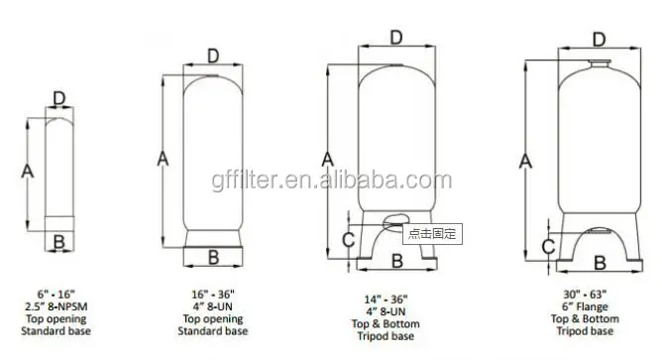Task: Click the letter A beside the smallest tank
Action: coord(28,171)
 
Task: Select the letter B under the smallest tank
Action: coord(58,242)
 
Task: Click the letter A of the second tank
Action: coord(165,156)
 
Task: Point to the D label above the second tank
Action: coord(212,56)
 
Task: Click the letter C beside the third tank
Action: coord(347,238)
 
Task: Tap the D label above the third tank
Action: coord(395,38)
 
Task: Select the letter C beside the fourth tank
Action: coord(546,247)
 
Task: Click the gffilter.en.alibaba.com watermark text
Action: coord(331,180)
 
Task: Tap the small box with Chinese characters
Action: coord(431,233)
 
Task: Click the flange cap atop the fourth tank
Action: coord(600,65)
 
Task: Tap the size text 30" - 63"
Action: coord(598,295)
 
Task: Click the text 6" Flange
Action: coord(598,308)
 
